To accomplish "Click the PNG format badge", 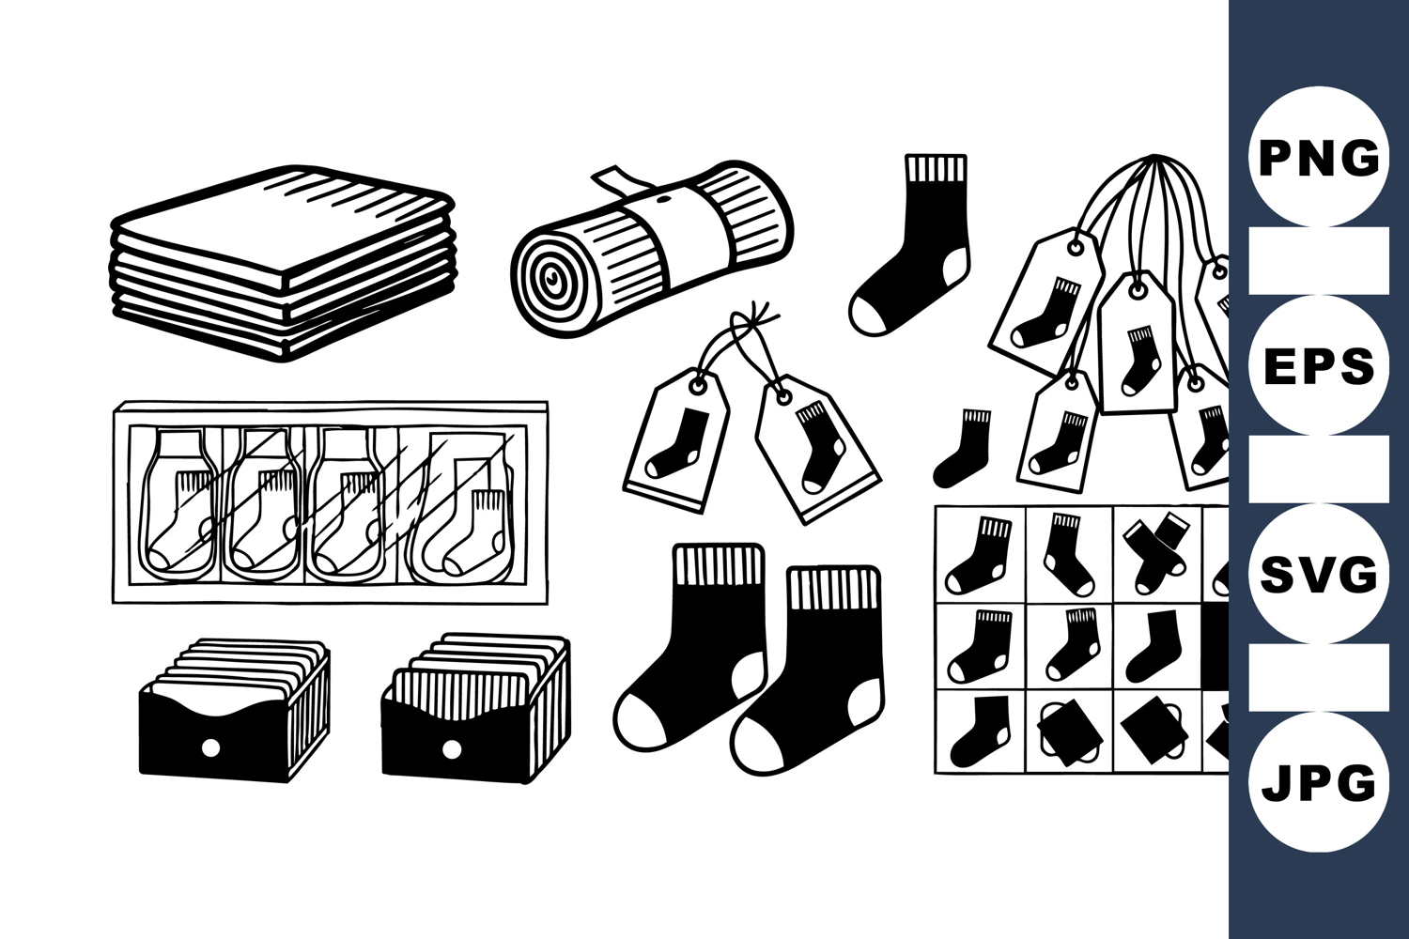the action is [1319, 157].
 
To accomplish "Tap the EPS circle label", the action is [1319, 364].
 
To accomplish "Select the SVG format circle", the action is [1319, 573].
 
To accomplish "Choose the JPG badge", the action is [1319, 782].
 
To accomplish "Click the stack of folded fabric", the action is [283, 263].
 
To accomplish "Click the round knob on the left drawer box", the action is [211, 747].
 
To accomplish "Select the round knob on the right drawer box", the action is [451, 749].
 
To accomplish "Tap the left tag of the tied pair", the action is [677, 440].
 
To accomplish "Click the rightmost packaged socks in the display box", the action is [464, 507].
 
